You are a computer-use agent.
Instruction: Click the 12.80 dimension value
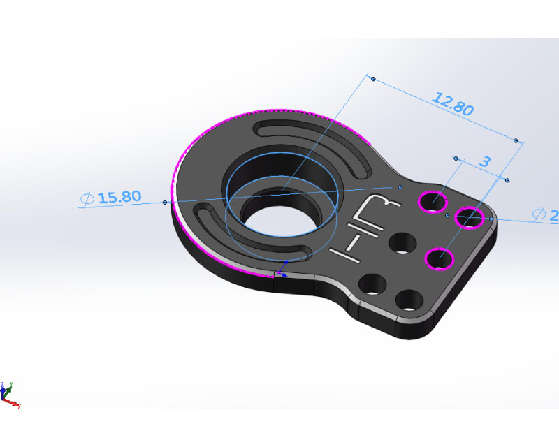(453, 104)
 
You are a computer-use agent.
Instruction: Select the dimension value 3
(484, 161)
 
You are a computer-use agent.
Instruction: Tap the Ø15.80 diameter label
(112, 198)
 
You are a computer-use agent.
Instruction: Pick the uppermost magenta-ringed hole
(433, 203)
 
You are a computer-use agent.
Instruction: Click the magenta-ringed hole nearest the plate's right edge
(470, 218)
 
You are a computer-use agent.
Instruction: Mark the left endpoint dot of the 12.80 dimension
(373, 79)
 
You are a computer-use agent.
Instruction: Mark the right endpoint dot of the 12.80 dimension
(516, 141)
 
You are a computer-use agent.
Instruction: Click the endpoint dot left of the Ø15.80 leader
(165, 203)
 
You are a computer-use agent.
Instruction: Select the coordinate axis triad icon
(10, 395)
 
